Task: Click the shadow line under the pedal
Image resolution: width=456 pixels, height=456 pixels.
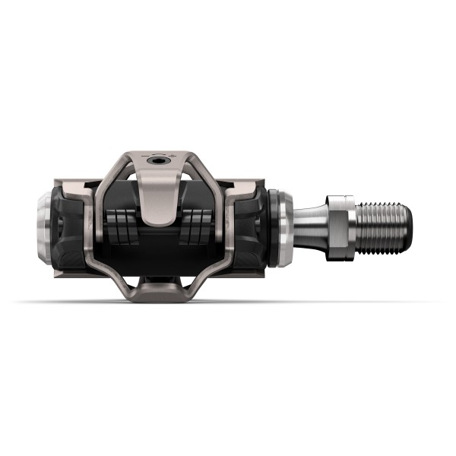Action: (228, 302)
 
